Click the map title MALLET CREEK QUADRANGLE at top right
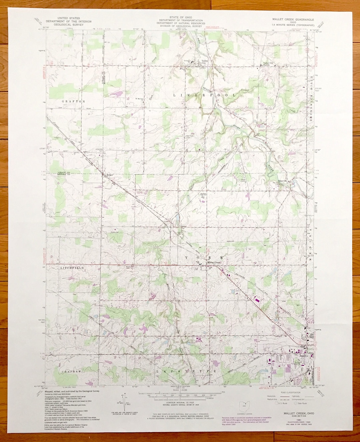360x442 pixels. tap(293, 20)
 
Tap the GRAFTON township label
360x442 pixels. tap(73, 101)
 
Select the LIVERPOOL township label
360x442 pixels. tap(204, 95)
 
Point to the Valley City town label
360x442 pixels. tap(204, 62)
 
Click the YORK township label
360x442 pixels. tap(204, 258)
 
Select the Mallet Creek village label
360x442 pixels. tap(214, 263)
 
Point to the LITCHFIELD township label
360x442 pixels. tap(72, 268)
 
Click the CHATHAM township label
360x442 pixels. tap(71, 371)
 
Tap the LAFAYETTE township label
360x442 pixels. tap(187, 371)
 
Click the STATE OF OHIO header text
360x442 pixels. tap(181, 17)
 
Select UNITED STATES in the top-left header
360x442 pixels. tap(69, 18)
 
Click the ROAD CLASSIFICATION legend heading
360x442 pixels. tap(290, 393)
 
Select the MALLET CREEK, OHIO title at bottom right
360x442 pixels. tap(299, 413)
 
